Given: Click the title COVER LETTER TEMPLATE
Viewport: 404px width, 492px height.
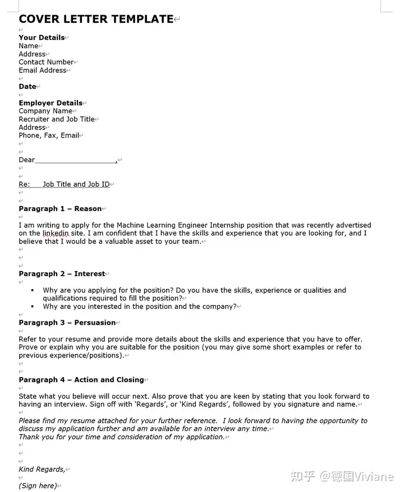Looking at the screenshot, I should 96,19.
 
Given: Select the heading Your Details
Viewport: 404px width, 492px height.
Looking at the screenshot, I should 42,38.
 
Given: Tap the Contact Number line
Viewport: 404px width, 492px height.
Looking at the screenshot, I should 46,62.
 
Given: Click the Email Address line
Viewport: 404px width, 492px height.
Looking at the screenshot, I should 43,70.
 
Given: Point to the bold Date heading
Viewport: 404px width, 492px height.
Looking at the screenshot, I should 27,86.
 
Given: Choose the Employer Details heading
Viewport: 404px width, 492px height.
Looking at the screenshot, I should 50,103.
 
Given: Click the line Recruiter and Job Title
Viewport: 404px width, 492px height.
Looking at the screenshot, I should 57,119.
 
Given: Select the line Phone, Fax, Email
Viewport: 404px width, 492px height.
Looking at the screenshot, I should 49,135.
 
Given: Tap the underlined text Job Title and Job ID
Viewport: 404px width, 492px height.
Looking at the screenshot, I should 76,184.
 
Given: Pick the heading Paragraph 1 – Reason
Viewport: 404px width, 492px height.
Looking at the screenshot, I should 60,209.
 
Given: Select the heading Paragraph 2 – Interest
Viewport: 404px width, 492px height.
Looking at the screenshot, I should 62,274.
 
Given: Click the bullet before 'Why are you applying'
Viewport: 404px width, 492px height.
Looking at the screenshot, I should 33,290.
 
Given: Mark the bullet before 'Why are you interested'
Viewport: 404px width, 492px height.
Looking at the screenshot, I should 33,306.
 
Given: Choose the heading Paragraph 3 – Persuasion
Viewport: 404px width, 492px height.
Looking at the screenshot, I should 67,323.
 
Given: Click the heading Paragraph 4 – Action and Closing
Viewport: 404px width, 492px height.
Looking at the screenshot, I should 81,380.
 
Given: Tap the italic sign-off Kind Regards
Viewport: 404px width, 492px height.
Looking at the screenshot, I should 42,469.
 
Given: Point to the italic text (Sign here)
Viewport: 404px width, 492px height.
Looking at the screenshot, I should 38,485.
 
